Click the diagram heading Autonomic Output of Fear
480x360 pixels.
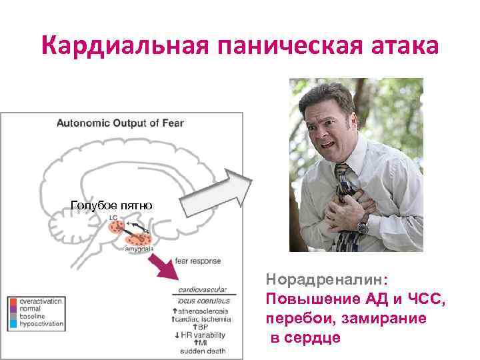click(120, 123)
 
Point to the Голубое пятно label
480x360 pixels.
click(111, 205)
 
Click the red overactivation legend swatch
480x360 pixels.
click(13, 301)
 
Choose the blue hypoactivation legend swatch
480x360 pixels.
click(13, 324)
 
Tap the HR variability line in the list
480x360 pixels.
click(200, 335)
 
